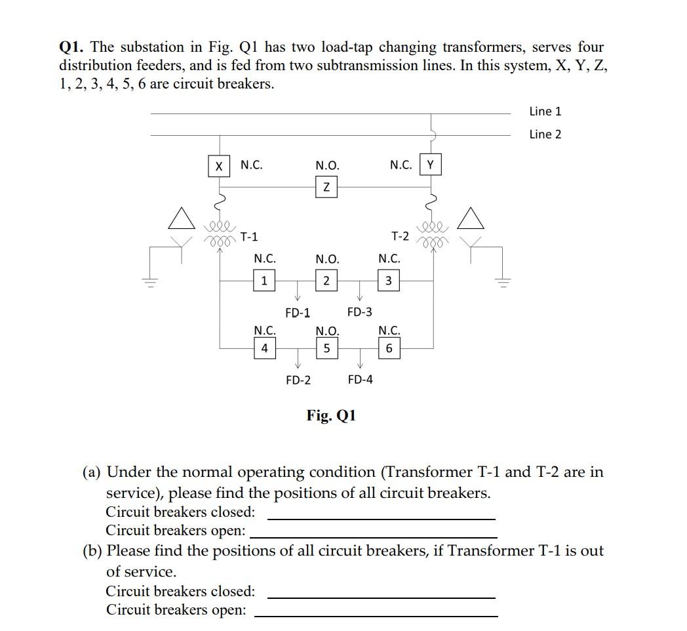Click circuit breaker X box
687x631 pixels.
218,166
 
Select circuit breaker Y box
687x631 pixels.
430,165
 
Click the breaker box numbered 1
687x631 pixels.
264,281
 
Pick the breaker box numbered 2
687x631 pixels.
326,281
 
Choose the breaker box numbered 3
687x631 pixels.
389,281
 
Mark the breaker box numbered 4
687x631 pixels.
264,348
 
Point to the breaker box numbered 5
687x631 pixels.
326,348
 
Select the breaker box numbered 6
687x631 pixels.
389,348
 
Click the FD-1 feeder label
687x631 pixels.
298,313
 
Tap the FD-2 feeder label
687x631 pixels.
298,380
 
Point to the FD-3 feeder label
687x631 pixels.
359,312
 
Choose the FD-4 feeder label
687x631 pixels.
360,379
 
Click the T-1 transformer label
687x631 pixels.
249,236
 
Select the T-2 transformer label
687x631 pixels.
400,235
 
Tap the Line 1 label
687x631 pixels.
545,112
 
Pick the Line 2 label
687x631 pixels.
545,134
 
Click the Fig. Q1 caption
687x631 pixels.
331,415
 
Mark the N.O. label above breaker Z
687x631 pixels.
327,166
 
